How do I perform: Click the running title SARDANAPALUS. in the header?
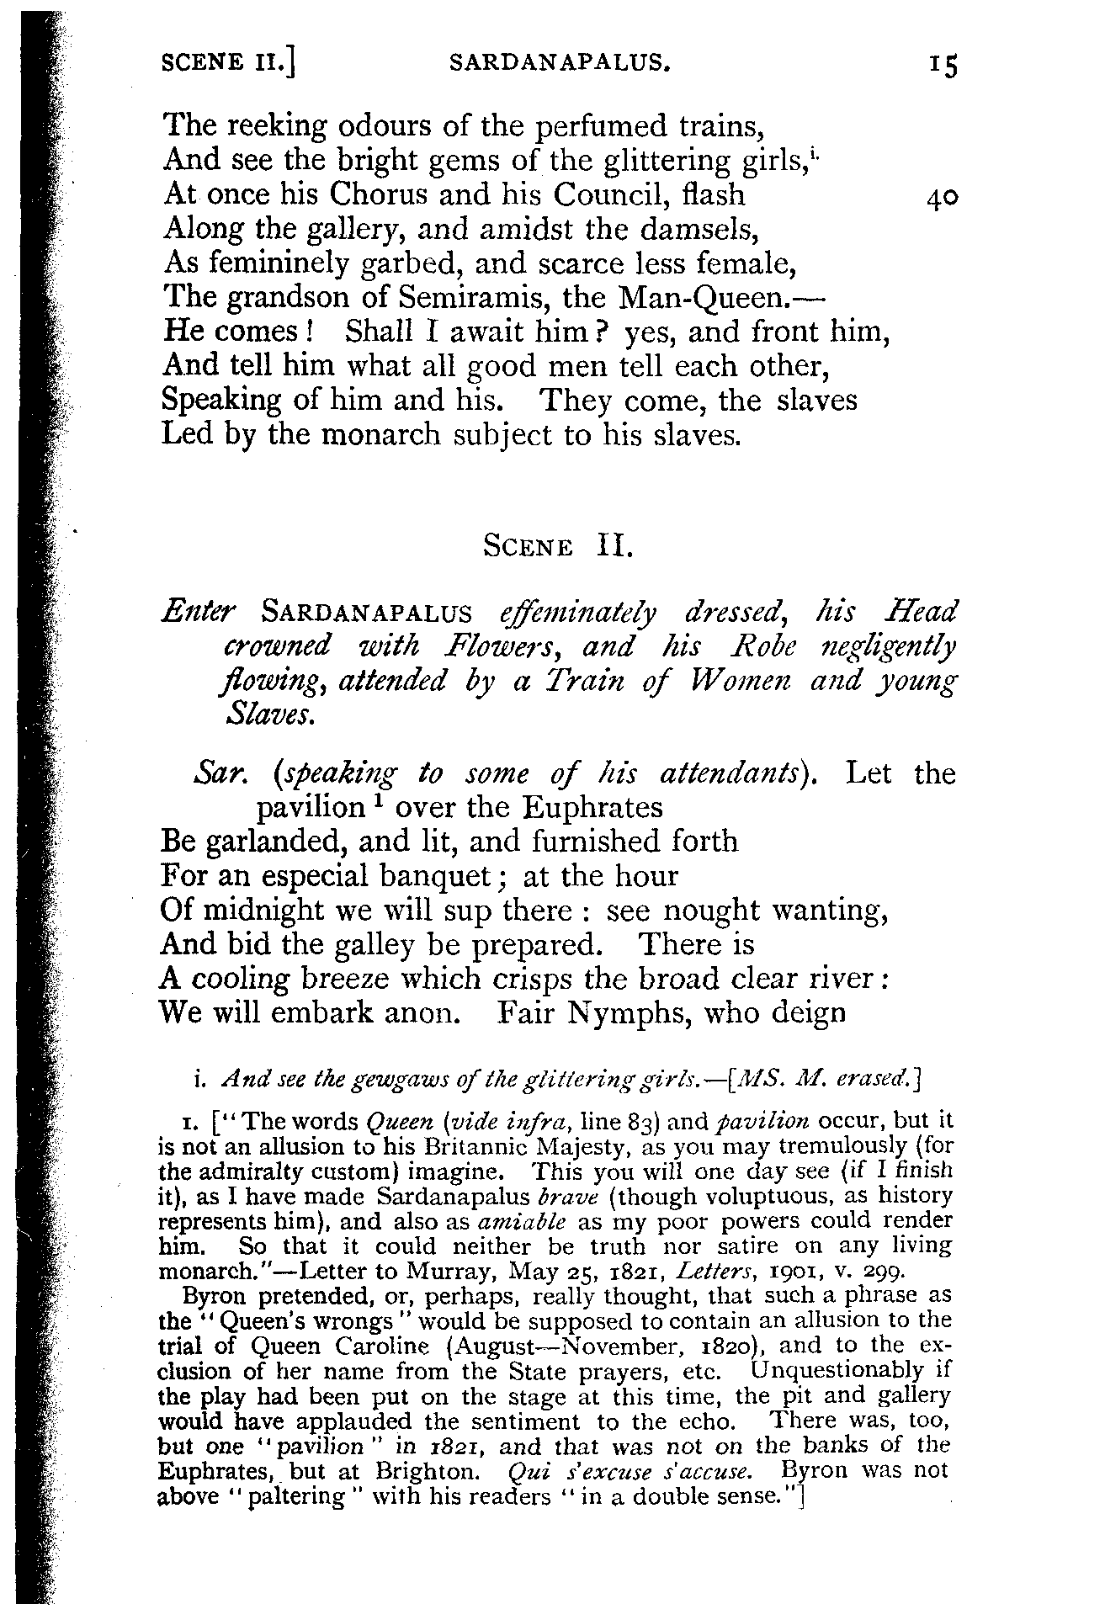coord(561,61)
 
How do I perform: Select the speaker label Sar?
coord(214,773)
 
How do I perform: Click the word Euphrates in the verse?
coord(592,807)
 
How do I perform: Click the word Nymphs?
coord(622,1012)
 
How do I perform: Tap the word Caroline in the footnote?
coord(383,1345)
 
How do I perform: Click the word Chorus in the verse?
coord(380,195)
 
